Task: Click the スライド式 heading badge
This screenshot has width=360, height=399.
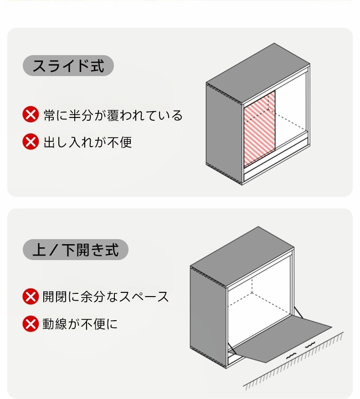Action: click(68, 66)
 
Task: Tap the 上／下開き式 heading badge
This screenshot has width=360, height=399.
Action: click(75, 250)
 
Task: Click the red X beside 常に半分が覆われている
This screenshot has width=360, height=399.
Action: click(31, 114)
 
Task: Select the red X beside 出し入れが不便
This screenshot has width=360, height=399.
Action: click(31, 141)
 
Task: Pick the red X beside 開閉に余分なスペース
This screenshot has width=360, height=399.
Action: click(31, 296)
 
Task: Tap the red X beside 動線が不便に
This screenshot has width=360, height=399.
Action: click(31, 324)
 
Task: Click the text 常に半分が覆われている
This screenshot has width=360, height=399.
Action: click(113, 115)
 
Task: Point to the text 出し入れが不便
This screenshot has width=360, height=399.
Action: click(87, 142)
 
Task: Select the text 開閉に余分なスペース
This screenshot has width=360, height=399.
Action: click(105, 297)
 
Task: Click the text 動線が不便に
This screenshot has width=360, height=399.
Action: click(80, 324)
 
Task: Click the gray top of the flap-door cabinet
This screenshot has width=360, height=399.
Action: click(242, 256)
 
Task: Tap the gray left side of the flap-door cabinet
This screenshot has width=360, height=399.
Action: click(208, 316)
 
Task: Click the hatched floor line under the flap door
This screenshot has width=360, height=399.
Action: click(293, 361)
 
